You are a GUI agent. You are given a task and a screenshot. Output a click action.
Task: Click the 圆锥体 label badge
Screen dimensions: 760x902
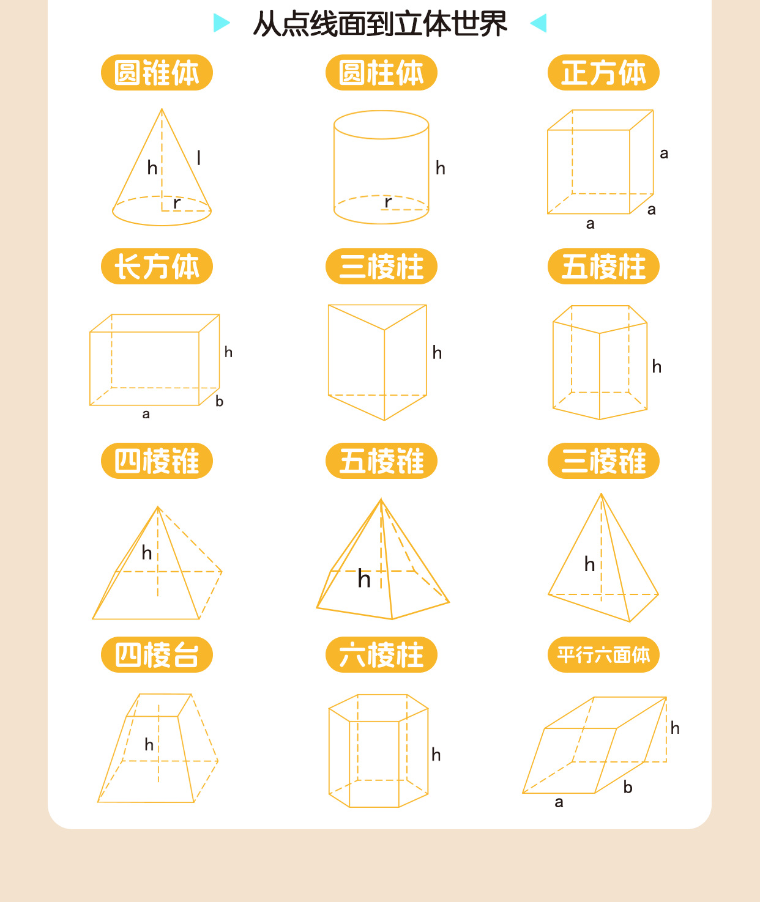tap(157, 73)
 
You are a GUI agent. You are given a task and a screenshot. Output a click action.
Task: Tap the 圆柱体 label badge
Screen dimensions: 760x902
tap(381, 73)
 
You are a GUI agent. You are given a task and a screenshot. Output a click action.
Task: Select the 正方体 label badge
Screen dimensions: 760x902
tap(603, 73)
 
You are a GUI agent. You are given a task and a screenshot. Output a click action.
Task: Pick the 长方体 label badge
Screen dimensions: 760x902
tap(157, 266)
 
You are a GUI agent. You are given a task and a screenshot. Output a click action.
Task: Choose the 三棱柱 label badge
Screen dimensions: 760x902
tap(381, 266)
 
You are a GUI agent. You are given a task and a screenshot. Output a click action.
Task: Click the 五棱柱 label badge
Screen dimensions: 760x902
tap(603, 266)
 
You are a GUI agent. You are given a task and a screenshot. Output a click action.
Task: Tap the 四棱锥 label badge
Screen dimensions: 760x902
tap(157, 460)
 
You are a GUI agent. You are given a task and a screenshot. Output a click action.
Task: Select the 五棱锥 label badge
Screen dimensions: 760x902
tap(381, 460)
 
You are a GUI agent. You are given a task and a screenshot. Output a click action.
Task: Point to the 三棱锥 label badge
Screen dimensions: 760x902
tap(603, 460)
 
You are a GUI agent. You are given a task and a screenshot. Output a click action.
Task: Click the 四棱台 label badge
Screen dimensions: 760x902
tap(157, 654)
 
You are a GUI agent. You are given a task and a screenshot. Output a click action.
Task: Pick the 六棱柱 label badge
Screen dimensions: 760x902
tap(381, 654)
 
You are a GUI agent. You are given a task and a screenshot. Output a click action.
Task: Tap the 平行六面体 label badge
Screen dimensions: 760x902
tap(603, 654)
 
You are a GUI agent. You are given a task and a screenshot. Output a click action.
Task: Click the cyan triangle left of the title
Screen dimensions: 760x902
tap(221, 23)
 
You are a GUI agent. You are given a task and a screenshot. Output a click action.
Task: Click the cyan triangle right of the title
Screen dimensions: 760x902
tap(538, 23)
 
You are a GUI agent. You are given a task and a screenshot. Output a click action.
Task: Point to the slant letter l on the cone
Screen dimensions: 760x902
tap(198, 158)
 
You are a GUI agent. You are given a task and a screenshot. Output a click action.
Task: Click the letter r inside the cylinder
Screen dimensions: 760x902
tap(388, 202)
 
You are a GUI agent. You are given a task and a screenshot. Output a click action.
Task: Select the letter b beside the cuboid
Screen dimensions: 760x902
tap(219, 401)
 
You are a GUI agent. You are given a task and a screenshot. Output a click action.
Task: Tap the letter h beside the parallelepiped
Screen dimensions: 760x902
tap(675, 728)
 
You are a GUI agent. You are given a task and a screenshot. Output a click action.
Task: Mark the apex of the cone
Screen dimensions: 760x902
tap(162, 109)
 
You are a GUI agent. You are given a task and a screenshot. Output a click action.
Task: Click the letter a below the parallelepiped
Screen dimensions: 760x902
tap(559, 802)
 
